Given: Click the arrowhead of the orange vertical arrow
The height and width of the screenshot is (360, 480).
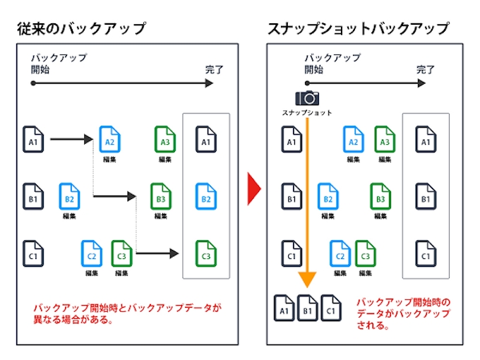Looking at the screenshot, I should (307, 280).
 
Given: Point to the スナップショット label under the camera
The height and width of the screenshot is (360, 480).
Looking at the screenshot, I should (307, 113).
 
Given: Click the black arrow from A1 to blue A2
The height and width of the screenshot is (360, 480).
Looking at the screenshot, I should (72, 139).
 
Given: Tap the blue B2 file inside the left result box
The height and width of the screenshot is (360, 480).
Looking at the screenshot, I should (205, 197).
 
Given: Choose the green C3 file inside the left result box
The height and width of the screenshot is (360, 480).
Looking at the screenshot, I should (205, 253).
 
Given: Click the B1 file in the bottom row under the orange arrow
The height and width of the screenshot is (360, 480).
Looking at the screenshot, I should (307, 307).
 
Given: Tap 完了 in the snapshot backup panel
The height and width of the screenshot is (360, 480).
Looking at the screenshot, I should (426, 70).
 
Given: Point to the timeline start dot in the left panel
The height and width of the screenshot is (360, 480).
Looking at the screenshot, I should (33, 83).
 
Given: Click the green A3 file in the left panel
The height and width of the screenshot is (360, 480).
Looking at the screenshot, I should (164, 140).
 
